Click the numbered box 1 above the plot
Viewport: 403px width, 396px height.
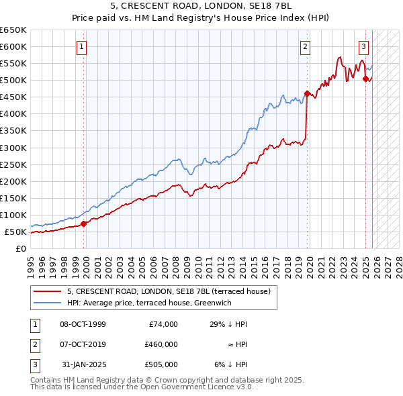click(81, 47)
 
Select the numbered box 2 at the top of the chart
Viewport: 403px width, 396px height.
click(305, 47)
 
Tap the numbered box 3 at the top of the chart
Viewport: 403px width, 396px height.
click(363, 47)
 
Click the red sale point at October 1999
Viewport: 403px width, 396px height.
click(84, 224)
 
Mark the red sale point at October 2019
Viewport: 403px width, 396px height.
click(307, 93)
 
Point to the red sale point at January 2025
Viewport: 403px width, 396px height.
click(366, 79)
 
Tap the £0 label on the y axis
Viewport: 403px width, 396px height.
click(21, 249)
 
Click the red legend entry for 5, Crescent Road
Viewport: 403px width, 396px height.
click(169, 291)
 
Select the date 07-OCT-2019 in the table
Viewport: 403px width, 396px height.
click(83, 344)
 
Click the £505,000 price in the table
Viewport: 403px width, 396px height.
click(161, 364)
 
